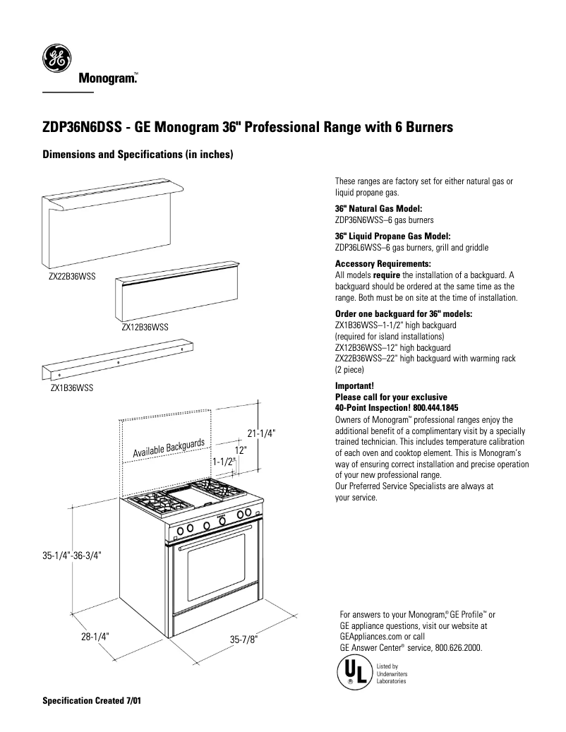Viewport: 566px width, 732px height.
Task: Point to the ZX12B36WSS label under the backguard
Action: [x=144, y=327]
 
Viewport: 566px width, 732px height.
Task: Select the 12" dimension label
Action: [x=241, y=449]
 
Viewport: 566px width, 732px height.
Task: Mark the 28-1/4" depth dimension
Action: [x=94, y=635]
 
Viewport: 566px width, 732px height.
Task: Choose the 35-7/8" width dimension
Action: [x=244, y=640]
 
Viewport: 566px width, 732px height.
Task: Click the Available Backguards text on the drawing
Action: [x=169, y=446]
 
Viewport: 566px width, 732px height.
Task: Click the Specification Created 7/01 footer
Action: [x=91, y=703]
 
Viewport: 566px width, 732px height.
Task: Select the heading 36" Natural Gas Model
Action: [x=378, y=209]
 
